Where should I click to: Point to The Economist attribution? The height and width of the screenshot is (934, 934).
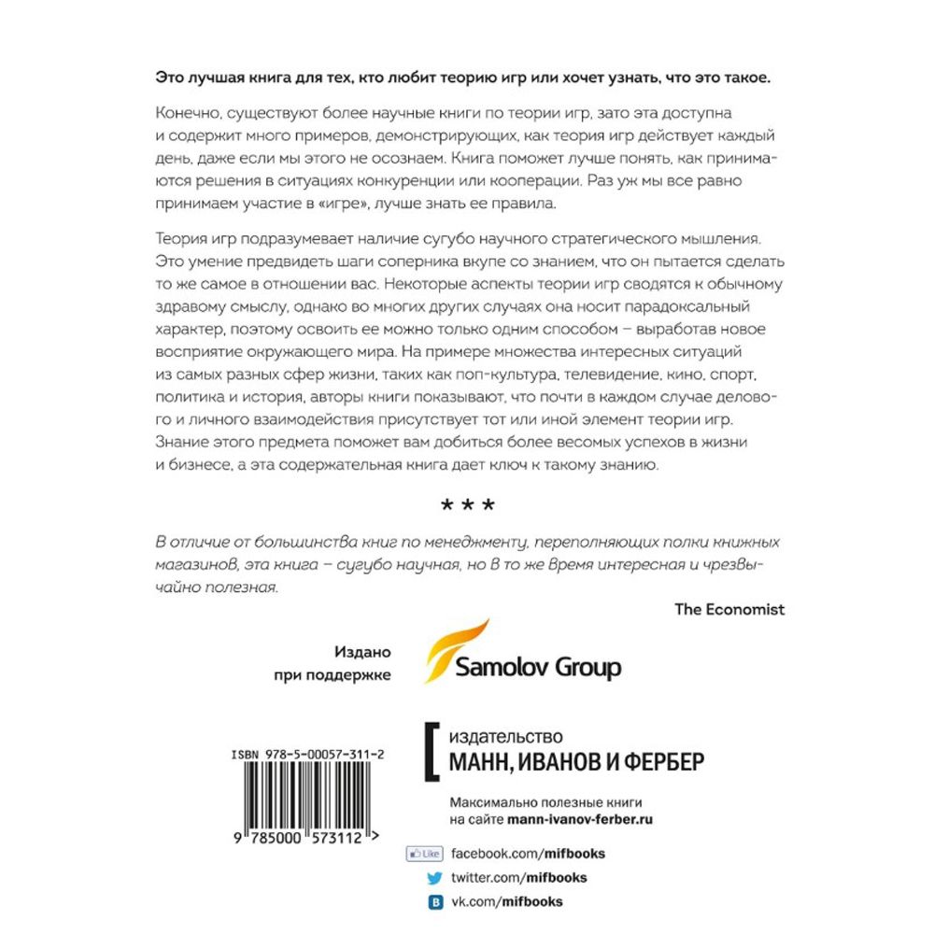(x=729, y=609)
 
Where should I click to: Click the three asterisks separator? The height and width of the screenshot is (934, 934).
(x=467, y=507)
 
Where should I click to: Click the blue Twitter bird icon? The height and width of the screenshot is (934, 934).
(x=434, y=878)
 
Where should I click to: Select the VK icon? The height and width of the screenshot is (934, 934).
(x=434, y=902)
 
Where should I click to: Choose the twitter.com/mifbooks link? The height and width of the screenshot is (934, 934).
(x=519, y=878)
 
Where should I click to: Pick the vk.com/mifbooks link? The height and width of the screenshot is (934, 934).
(x=507, y=902)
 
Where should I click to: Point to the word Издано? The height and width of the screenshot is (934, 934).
(x=361, y=653)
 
